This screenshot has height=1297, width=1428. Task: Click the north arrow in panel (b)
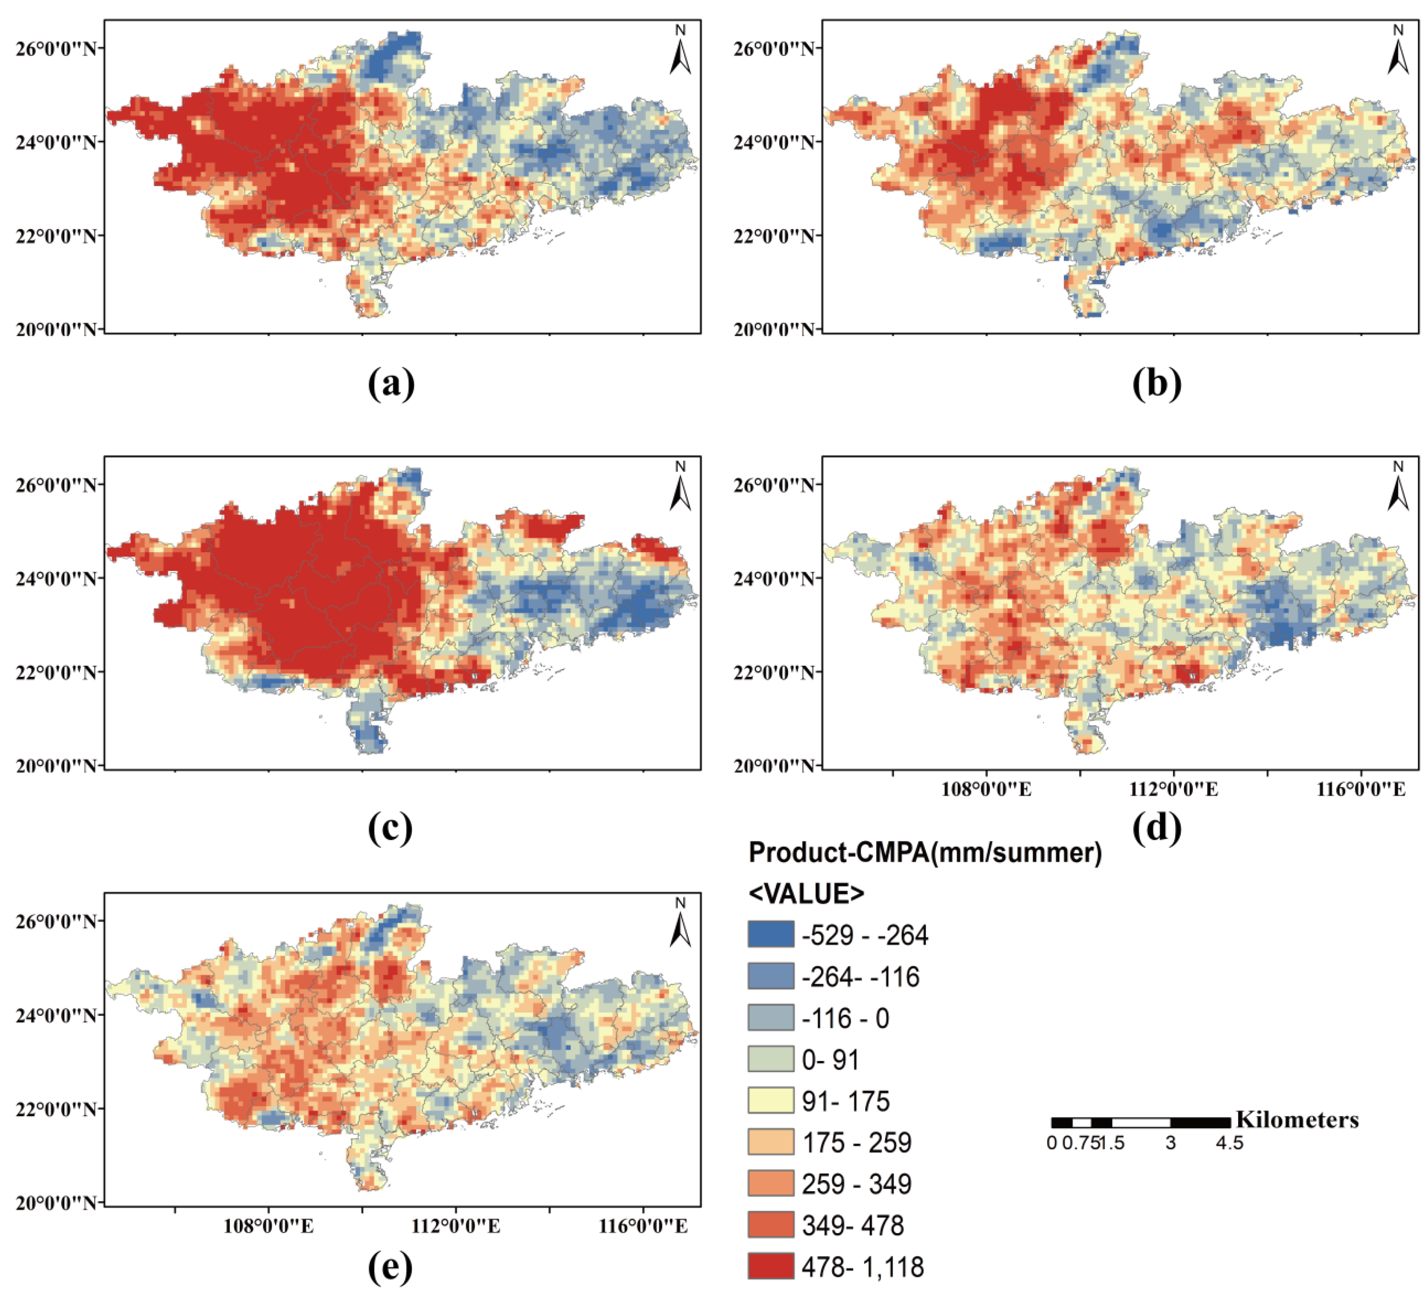pos(1398,51)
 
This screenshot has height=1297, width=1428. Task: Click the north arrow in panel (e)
pos(680,924)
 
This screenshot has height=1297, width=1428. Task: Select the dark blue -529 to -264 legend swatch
pos(771,935)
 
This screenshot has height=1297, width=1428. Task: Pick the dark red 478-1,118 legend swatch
pos(771,1266)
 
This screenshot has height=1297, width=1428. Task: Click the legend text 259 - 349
pos(856,1184)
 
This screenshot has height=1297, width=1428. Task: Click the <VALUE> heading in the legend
pos(806,894)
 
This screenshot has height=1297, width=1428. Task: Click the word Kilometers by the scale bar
pos(1297,1120)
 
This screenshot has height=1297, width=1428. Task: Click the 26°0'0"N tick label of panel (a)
pos(55,48)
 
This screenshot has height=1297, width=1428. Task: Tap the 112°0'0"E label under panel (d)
pos(1173,789)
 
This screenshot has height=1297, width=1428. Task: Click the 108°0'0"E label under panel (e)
pos(269,1226)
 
